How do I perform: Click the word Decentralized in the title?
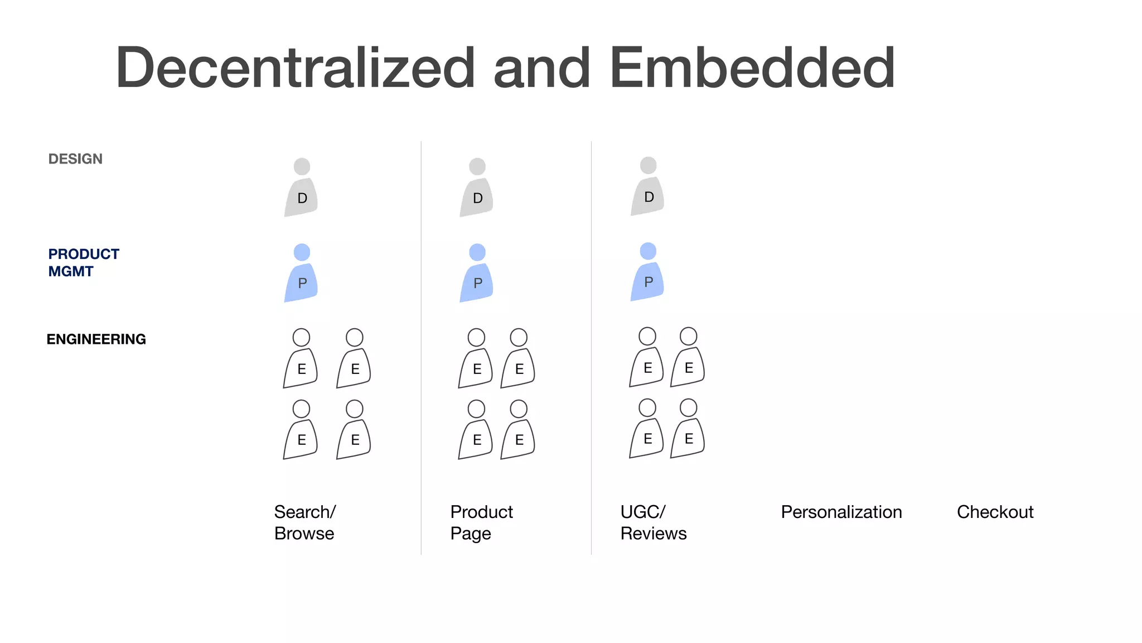295,68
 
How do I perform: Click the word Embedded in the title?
752,68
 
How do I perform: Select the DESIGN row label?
75,159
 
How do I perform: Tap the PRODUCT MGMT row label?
84,262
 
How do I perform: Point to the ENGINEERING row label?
96,339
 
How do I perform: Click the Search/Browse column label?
304,522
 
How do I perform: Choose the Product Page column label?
481,522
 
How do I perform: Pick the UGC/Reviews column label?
653,522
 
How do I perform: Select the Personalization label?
841,512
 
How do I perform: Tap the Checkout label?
995,512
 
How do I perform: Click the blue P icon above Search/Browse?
301,274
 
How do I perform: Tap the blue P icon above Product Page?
477,274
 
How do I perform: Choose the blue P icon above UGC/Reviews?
647,273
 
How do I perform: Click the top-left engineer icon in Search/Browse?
301,359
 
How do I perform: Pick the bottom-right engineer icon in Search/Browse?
354,431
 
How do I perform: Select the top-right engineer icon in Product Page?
519,359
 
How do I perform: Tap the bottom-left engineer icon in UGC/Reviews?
647,430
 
